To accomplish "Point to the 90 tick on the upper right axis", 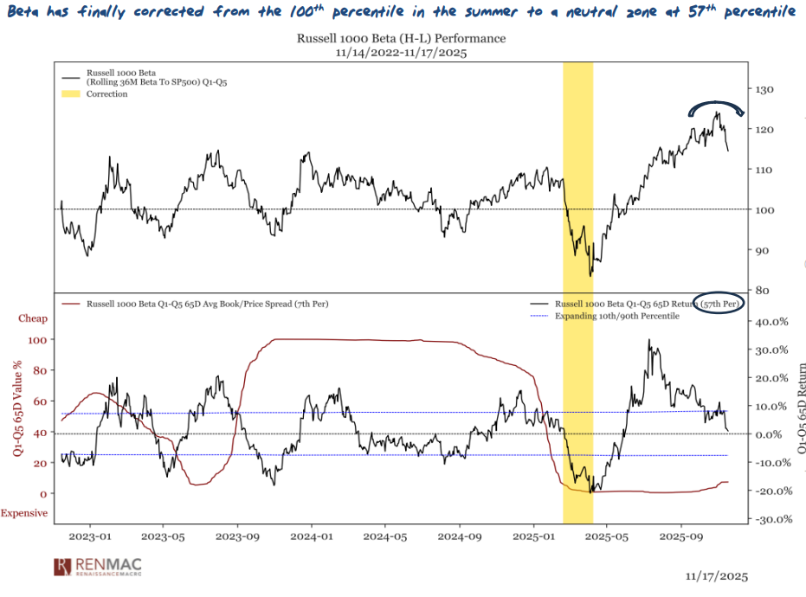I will click(764, 250).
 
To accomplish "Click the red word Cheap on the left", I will click(33, 318).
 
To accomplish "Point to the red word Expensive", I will click(23, 513).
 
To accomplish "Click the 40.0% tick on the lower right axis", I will click(770, 321).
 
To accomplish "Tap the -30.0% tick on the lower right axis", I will click(768, 519).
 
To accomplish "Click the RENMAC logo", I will click(98, 567).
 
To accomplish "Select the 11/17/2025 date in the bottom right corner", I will click(715, 575).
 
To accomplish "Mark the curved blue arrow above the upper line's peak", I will click(716, 106).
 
